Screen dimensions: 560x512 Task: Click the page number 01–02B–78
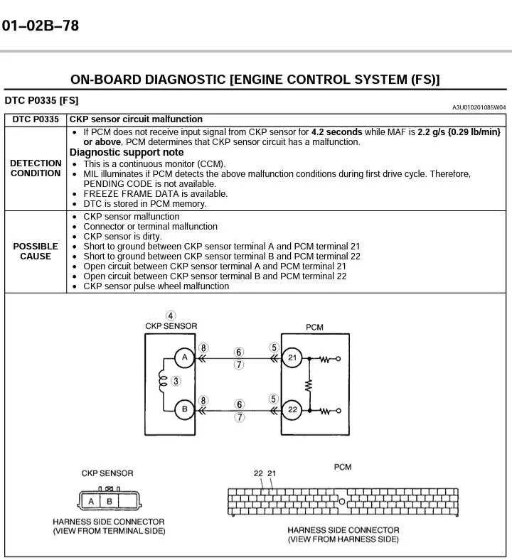(x=40, y=26)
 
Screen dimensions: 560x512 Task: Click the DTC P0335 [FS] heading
(x=41, y=100)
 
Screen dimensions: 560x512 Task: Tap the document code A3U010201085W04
(x=479, y=107)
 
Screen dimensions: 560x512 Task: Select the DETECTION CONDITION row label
(x=36, y=168)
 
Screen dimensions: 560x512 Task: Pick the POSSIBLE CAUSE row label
(x=36, y=252)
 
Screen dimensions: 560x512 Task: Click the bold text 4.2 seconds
(x=336, y=132)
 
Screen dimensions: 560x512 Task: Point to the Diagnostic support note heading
(x=126, y=152)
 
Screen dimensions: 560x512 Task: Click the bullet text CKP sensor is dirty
(x=122, y=237)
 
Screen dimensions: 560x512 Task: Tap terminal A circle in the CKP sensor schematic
(x=185, y=357)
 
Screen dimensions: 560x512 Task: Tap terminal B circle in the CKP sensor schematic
(x=185, y=409)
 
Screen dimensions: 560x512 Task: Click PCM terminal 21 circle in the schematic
(x=292, y=358)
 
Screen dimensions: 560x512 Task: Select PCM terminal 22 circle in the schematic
(x=292, y=409)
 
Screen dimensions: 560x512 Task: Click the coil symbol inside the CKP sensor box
(x=163, y=382)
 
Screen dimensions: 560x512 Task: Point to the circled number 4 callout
(x=171, y=316)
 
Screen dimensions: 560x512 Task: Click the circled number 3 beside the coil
(x=176, y=382)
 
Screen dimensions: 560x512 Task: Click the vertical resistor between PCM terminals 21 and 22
(x=309, y=384)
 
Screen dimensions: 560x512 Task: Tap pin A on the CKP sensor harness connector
(x=91, y=501)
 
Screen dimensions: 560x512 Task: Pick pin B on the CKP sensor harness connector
(x=109, y=501)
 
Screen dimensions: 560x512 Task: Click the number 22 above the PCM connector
(x=259, y=473)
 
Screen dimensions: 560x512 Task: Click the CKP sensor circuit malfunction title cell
(x=136, y=119)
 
